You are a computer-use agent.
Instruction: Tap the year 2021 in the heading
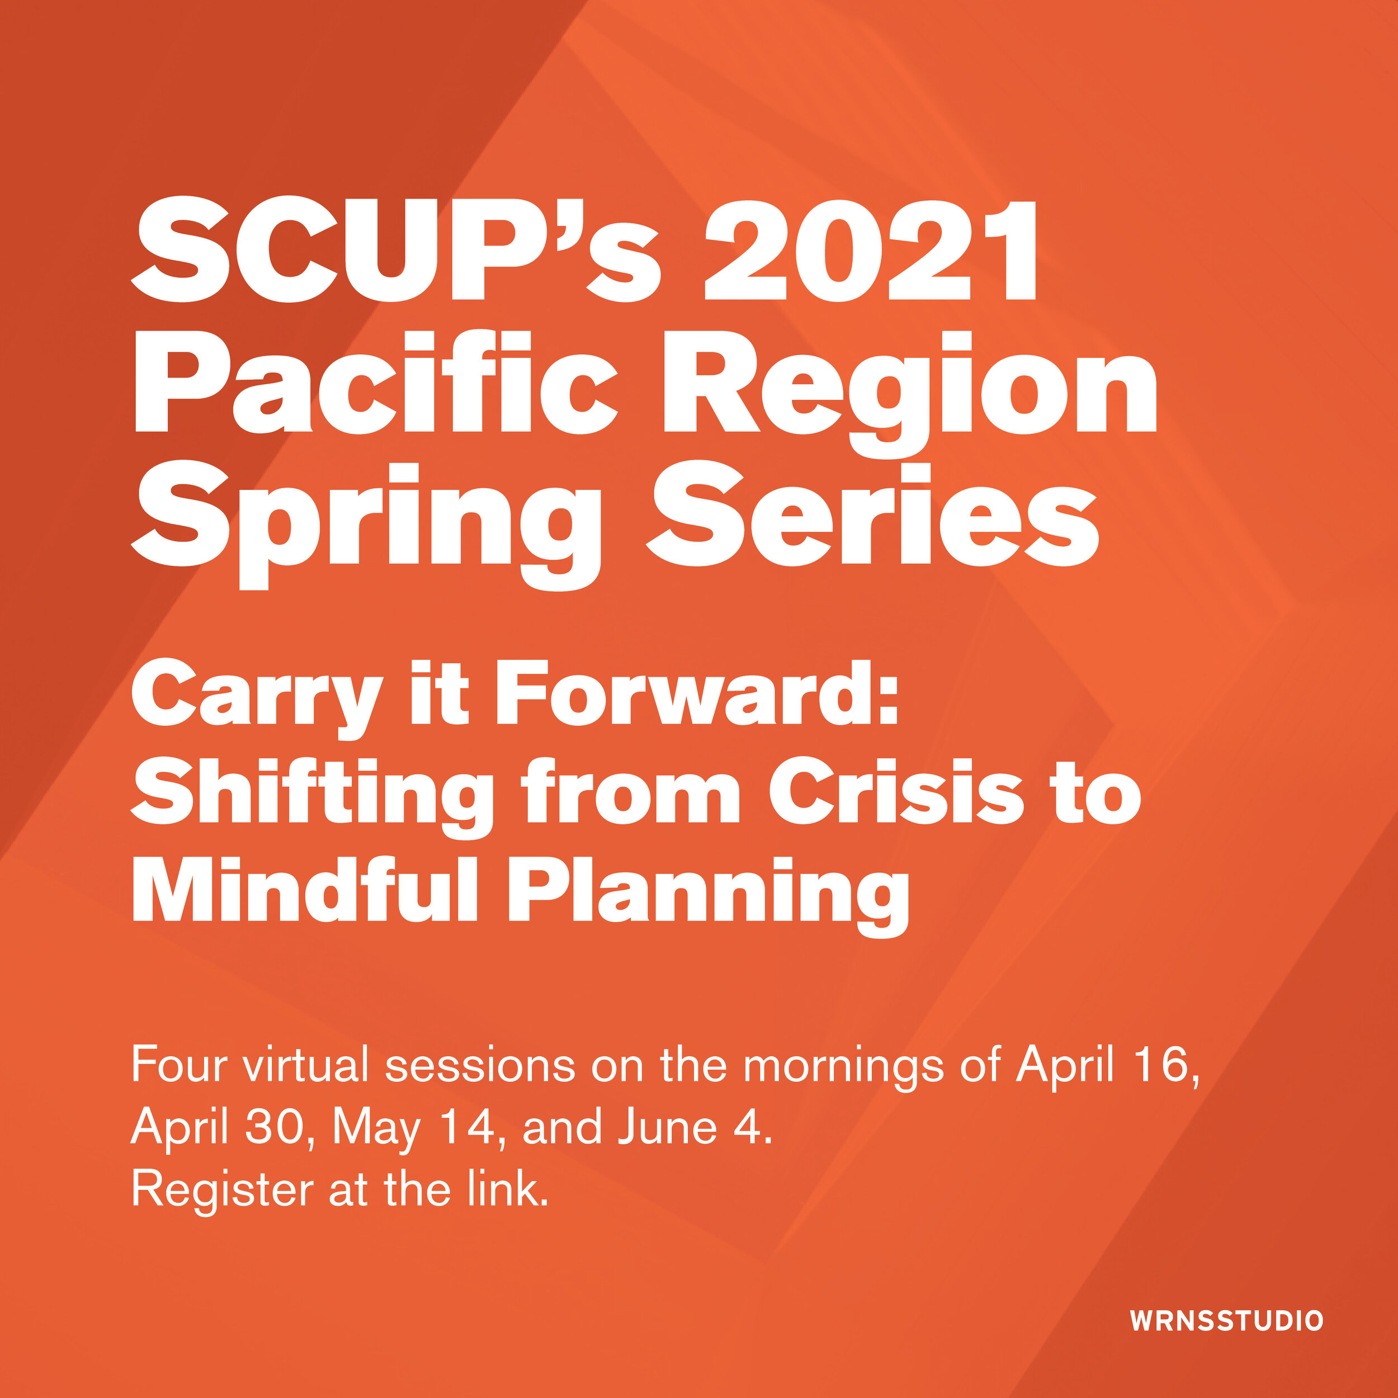871,249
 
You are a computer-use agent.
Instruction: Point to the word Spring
365,517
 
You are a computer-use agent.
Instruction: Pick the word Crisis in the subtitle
896,792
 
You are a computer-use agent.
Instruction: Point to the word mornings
843,1066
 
